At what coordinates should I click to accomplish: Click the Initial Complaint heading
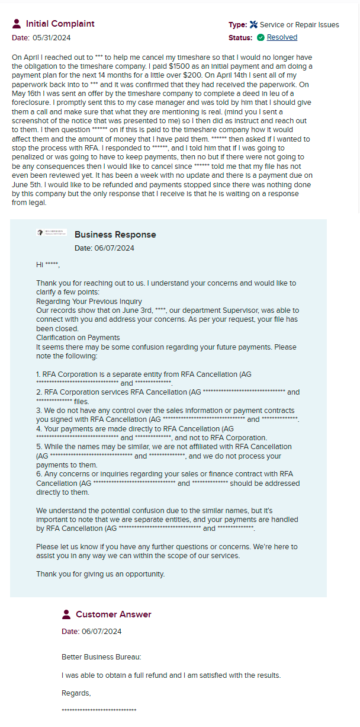60,24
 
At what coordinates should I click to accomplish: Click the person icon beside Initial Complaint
17,24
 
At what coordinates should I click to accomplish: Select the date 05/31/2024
51,38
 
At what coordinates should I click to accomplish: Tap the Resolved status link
282,37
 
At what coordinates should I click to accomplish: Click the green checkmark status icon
261,37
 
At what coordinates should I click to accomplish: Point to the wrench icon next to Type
253,25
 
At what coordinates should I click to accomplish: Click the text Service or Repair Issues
299,25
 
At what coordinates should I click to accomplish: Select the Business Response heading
115,235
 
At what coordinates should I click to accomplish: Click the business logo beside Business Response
52,233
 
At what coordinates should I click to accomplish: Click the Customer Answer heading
113,614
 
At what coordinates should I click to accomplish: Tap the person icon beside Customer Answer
66,614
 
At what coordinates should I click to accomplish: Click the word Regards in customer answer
76,693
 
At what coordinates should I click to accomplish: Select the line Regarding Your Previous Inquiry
89,302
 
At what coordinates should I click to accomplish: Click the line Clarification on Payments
78,338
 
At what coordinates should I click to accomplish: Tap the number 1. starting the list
38,374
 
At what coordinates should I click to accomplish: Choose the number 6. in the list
38,474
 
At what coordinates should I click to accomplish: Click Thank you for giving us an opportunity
100,574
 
